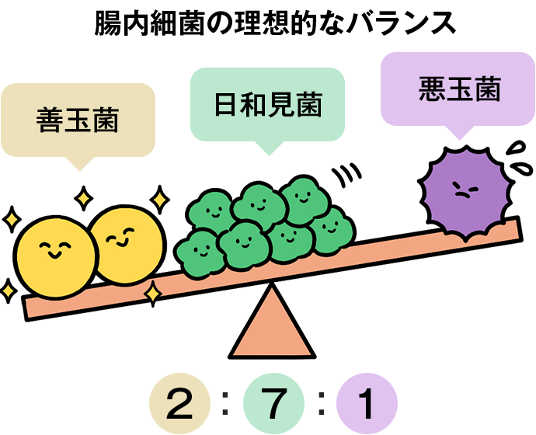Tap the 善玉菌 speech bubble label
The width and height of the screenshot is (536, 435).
78,120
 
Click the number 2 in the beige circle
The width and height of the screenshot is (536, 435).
179,405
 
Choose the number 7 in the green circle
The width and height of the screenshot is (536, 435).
273,405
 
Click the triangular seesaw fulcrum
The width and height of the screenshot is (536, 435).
271,322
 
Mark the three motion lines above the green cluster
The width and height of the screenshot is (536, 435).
348,175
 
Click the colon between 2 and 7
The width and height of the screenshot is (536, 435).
226,404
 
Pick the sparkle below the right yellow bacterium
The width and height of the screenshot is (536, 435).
153,294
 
